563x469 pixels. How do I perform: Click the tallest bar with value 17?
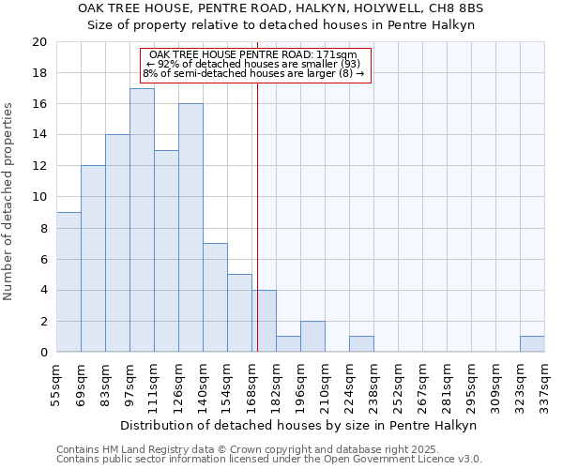(x=142, y=220)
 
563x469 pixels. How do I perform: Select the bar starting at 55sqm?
(x=68, y=282)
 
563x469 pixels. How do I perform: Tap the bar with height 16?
(x=190, y=228)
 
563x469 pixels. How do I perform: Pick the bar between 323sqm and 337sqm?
(x=532, y=344)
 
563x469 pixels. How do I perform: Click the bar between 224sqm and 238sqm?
(x=361, y=344)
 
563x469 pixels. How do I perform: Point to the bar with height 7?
(x=215, y=297)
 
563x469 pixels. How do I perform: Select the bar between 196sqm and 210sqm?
(x=312, y=337)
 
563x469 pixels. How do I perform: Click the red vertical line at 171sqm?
(x=257, y=234)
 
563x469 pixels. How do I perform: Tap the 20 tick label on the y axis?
(x=38, y=42)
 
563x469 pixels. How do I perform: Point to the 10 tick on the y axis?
(x=38, y=197)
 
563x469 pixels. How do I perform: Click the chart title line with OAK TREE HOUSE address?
(x=281, y=8)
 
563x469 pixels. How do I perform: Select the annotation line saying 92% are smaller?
(x=253, y=64)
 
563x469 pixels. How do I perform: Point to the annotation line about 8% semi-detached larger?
(x=253, y=73)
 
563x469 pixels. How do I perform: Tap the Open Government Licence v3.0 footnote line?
(x=269, y=460)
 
